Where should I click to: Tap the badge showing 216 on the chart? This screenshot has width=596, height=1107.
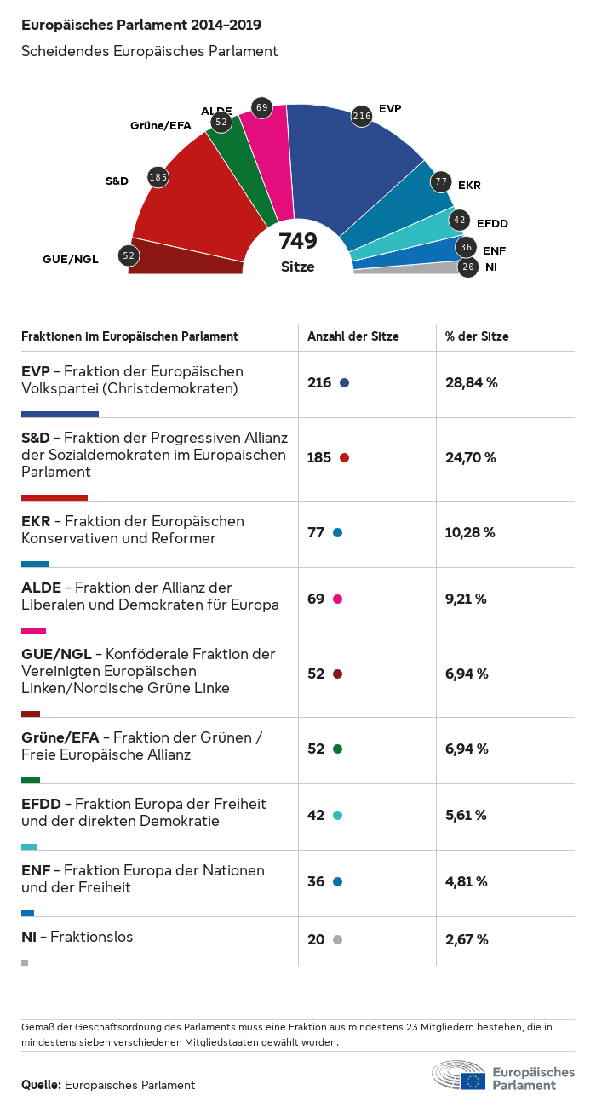[362, 116]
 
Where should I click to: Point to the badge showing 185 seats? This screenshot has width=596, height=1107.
[158, 177]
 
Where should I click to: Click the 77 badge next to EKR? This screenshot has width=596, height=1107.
[440, 181]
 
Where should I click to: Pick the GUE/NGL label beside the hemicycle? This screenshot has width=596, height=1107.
[71, 259]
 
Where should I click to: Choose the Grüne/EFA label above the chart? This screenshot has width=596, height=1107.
[160, 126]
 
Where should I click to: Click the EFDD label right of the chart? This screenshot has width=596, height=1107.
[492, 223]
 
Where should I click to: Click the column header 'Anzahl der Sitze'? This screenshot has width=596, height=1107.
[353, 336]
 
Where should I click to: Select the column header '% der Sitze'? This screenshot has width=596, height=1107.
[477, 336]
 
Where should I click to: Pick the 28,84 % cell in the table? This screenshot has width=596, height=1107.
[471, 382]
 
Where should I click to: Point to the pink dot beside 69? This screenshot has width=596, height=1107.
[338, 599]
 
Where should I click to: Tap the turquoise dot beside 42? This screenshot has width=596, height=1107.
[338, 816]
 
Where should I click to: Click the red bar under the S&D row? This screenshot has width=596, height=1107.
[54, 497]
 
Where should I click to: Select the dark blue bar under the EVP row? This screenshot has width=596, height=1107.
[60, 414]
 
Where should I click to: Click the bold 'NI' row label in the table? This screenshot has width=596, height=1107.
[29, 937]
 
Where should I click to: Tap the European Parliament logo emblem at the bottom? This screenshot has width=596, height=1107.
[460, 1075]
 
